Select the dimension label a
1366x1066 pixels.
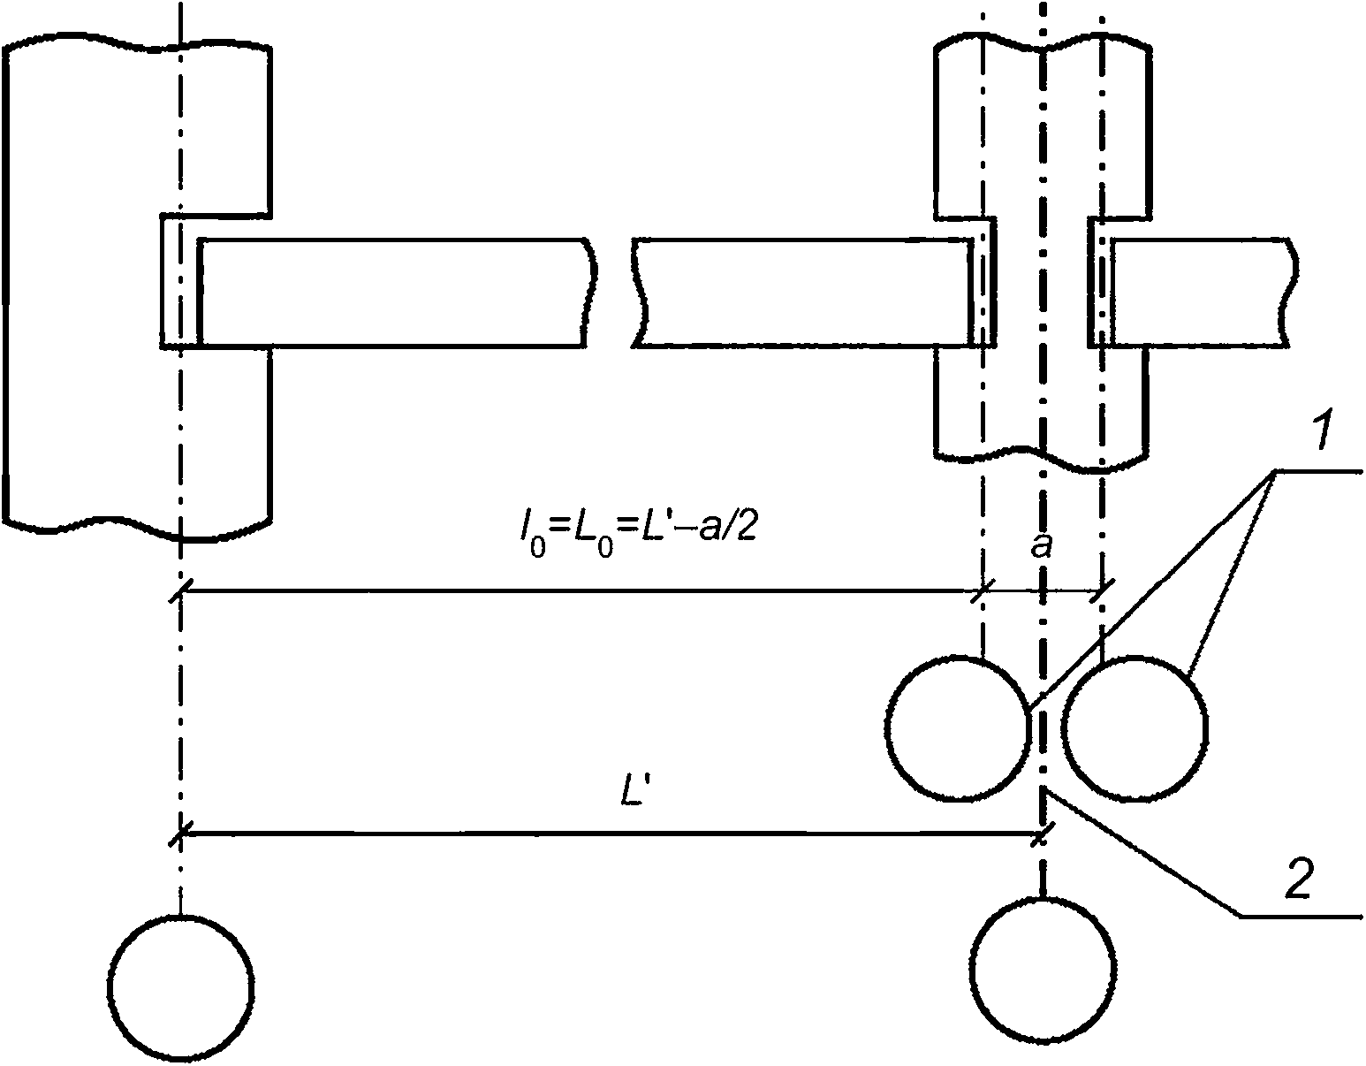[1042, 546]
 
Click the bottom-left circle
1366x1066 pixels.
[181, 987]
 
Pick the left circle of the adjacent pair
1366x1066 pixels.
[958, 728]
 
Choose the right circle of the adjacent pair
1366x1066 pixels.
[1135, 728]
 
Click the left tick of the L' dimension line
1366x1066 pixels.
[180, 834]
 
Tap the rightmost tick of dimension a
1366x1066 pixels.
[1101, 590]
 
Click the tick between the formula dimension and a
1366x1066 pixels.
[982, 590]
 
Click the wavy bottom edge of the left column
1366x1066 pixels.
[138, 527]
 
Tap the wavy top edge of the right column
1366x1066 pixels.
[1043, 42]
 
